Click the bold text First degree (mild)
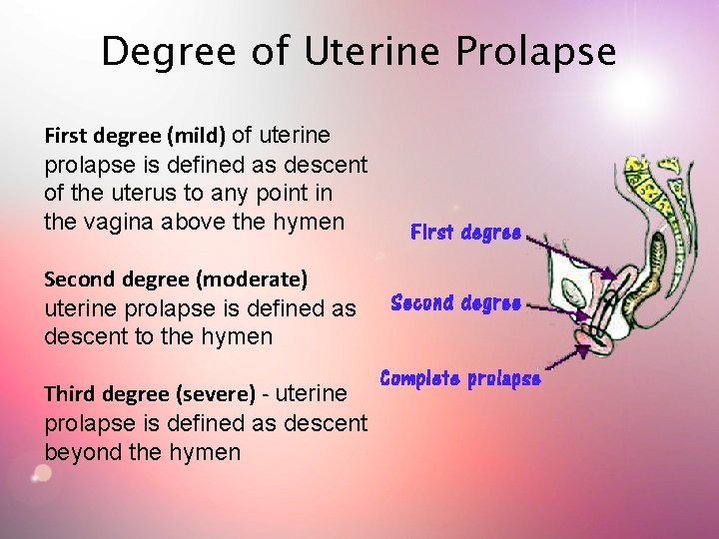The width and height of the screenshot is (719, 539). click(x=136, y=135)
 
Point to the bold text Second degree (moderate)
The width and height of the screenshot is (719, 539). click(x=176, y=277)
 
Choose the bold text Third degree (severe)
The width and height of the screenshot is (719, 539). click(x=150, y=394)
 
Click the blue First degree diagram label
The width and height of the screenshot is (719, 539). click(x=465, y=233)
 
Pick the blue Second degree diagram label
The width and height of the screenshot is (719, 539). click(x=455, y=302)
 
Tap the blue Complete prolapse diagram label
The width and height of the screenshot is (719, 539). click(x=460, y=378)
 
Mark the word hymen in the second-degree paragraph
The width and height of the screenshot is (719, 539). click(x=238, y=336)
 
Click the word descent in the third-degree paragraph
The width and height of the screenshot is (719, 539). click(x=323, y=423)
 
